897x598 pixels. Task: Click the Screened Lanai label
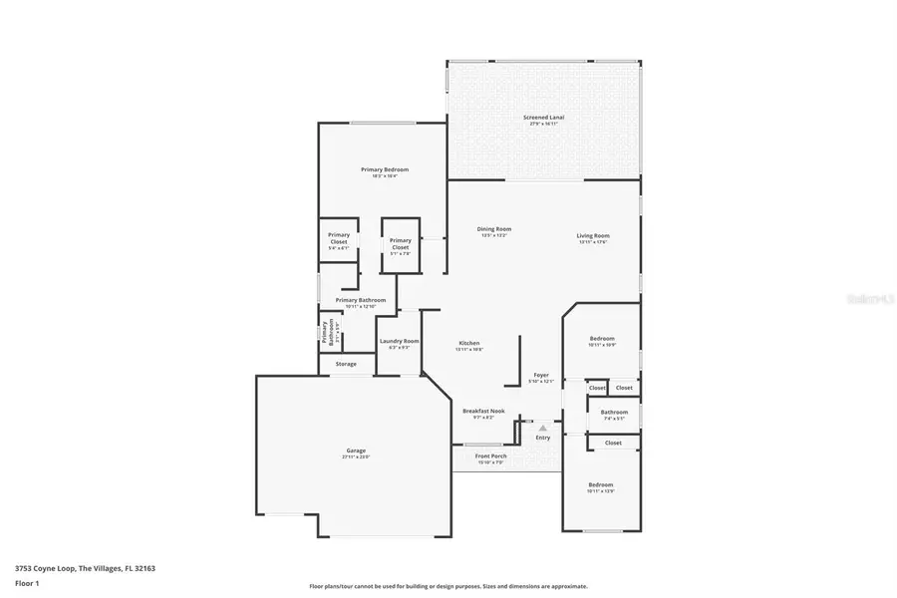(543, 118)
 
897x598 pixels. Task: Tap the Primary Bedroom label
(385, 170)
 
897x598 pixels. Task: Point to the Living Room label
(592, 236)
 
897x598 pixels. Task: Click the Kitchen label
(468, 345)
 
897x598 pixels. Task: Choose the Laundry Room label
(399, 342)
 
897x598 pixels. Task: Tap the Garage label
(356, 451)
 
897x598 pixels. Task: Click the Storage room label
(346, 364)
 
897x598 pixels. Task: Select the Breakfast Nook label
(483, 411)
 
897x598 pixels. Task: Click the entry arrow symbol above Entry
(543, 428)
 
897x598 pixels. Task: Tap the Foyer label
(540, 376)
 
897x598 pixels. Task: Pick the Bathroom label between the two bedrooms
(614, 413)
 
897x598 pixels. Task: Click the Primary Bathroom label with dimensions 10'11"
(360, 300)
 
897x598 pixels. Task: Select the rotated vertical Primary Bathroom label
(325, 332)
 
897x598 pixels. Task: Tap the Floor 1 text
(27, 585)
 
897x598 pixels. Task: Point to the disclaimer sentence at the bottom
(448, 587)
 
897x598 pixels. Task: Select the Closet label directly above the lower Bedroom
(613, 443)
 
